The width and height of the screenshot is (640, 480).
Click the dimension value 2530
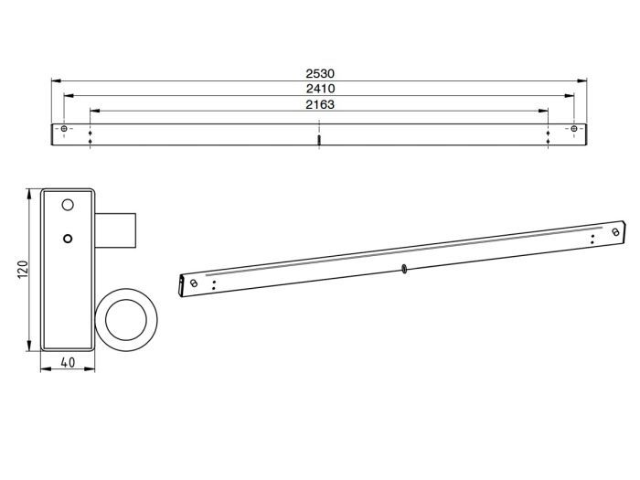pos(319,72)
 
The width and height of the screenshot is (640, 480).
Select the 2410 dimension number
pos(319,89)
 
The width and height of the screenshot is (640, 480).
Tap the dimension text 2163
pos(319,104)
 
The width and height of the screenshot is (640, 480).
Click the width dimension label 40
pos(68,362)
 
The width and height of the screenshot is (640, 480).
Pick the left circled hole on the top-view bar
pos(63,130)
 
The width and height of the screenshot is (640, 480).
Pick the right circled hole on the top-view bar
pos(573,130)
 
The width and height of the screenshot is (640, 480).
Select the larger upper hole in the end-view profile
pos(67,204)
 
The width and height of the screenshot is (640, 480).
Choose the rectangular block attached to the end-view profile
pos(115,229)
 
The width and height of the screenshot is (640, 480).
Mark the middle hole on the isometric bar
pos(402,269)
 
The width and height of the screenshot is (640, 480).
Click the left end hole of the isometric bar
pos(193,283)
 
